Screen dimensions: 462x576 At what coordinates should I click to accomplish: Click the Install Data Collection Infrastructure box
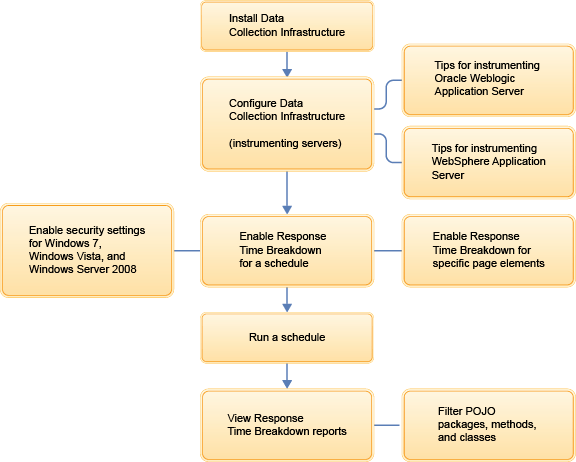click(x=287, y=26)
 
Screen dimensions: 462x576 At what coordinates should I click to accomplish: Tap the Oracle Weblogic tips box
click(x=487, y=78)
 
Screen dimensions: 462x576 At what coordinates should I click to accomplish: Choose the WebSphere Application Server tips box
click(x=487, y=161)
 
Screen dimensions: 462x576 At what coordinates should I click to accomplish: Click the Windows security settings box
click(x=87, y=250)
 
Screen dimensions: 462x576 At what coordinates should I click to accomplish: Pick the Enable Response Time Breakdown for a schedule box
click(x=287, y=250)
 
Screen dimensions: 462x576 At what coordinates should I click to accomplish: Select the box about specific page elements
click(x=487, y=250)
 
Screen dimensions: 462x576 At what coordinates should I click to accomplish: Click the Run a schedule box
click(x=287, y=338)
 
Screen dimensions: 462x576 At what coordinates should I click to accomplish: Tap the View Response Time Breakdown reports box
click(x=287, y=424)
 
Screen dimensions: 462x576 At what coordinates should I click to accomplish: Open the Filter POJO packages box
click(x=487, y=424)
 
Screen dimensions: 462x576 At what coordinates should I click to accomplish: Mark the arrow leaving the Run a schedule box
click(x=287, y=375)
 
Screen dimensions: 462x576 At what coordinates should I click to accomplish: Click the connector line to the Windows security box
click(x=187, y=250)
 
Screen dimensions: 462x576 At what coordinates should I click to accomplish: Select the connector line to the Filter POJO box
click(x=387, y=424)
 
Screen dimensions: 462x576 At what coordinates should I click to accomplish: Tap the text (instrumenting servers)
click(x=285, y=144)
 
